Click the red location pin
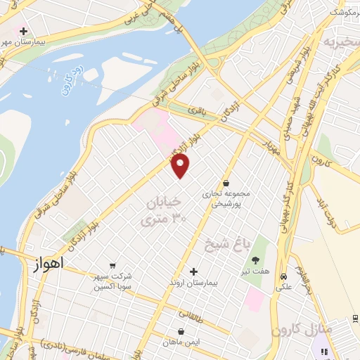coord(181,166)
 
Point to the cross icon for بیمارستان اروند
coord(194,271)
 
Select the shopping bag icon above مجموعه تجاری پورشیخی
coord(226,181)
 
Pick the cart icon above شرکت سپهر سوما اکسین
coord(113,265)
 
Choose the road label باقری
coord(199,110)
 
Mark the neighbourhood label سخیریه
coord(340,44)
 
